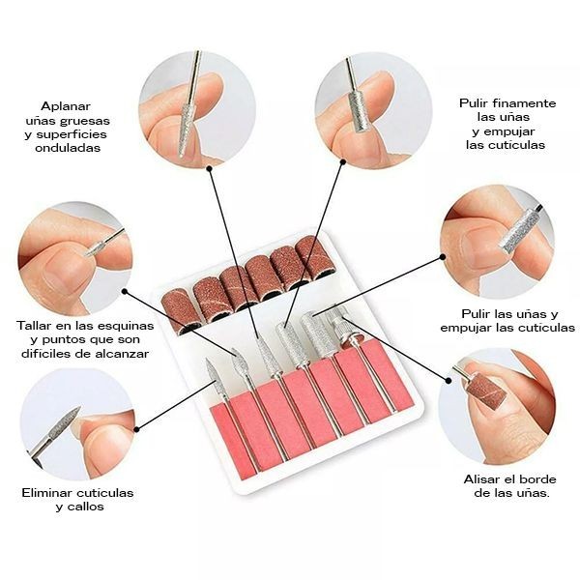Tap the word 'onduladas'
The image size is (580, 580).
coord(67,149)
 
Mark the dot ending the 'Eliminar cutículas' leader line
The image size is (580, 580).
coord(136,429)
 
